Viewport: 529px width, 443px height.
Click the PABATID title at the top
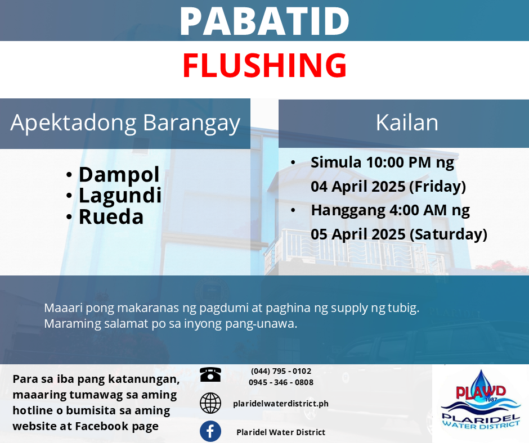click(264, 21)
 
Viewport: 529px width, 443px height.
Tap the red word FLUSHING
click(264, 65)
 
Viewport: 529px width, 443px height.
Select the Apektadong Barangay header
click(125, 123)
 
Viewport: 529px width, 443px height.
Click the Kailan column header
click(407, 123)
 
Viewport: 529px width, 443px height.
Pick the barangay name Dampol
click(119, 175)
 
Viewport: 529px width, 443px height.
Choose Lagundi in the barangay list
click(120, 196)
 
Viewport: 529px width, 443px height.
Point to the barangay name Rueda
click(111, 217)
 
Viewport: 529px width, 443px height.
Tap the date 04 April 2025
click(358, 187)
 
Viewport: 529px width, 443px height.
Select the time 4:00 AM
click(418, 210)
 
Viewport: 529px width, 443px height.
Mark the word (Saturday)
click(449, 234)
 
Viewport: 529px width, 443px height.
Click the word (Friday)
click(438, 187)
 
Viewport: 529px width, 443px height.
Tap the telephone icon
click(210, 374)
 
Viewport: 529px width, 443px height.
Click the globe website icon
click(210, 403)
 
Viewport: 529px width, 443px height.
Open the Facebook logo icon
click(210, 431)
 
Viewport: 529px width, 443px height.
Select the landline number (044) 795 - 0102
click(281, 371)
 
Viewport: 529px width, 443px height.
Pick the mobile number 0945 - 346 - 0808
click(281, 382)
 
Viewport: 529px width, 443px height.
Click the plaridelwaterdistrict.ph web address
click(281, 404)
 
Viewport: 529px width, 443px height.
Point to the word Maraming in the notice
click(73, 324)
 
